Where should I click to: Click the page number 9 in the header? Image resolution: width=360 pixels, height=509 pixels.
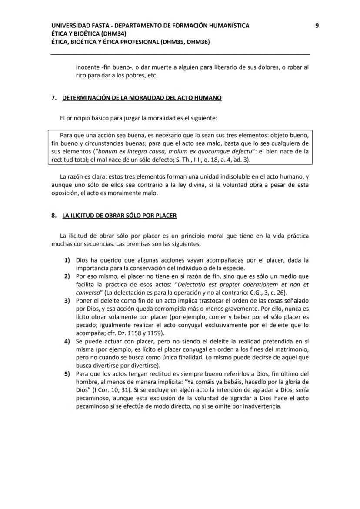[317, 26]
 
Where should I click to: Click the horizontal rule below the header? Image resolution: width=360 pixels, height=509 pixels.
[180, 54]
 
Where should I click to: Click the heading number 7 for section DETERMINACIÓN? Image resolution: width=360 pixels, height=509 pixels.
[54, 98]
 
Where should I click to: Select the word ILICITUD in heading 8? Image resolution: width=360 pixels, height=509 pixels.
[83, 216]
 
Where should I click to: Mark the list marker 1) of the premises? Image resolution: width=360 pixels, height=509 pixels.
[67, 260]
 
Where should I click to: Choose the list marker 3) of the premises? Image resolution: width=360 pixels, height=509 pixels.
[67, 301]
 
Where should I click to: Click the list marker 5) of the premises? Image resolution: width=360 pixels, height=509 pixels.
[67, 374]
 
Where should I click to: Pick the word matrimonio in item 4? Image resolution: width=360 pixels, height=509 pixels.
[291, 349]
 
